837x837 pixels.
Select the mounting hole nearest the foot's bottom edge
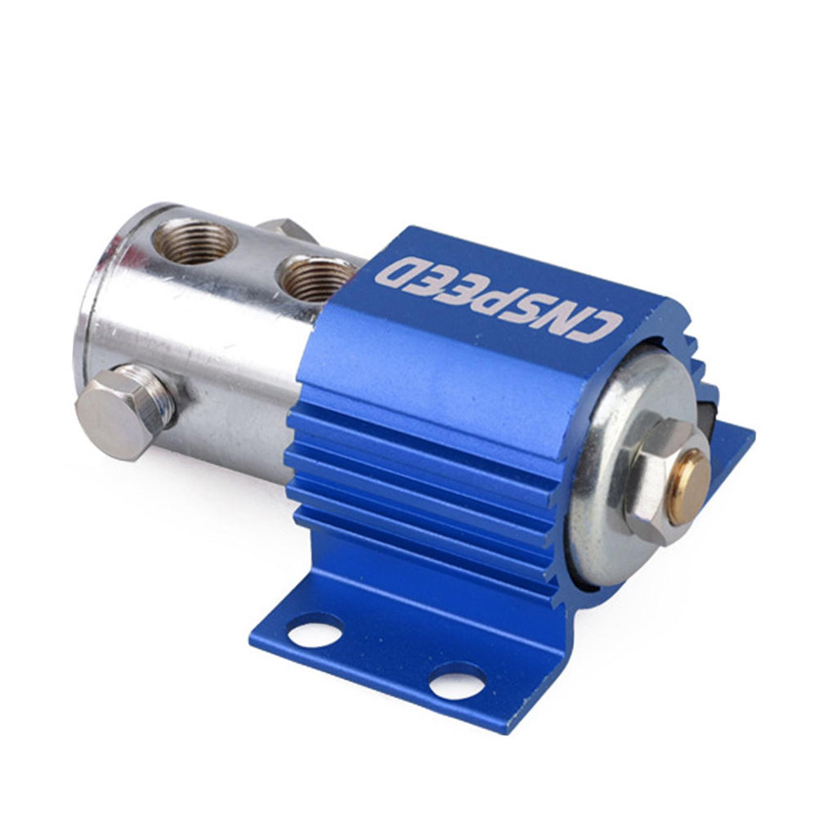point(458,680)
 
